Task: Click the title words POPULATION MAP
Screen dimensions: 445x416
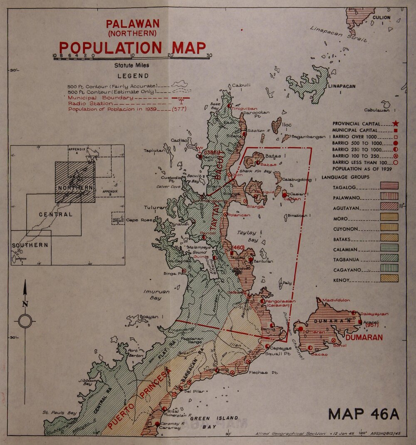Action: (x=132, y=48)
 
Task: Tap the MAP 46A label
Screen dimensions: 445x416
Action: (x=364, y=414)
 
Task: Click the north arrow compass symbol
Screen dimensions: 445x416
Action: (x=25, y=321)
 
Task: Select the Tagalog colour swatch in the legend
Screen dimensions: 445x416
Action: (x=389, y=185)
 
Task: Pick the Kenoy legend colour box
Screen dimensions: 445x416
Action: (x=389, y=278)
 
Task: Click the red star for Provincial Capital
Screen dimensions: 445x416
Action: (x=396, y=123)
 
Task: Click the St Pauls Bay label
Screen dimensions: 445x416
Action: (x=59, y=413)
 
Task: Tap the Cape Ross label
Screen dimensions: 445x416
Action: (x=139, y=220)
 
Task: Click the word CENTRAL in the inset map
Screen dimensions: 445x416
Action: (x=55, y=215)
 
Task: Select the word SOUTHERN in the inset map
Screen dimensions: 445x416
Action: (x=30, y=245)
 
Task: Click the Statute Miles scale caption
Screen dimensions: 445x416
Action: (x=132, y=65)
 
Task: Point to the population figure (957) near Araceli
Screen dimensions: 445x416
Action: (x=371, y=325)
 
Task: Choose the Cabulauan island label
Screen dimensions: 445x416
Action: (x=379, y=110)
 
